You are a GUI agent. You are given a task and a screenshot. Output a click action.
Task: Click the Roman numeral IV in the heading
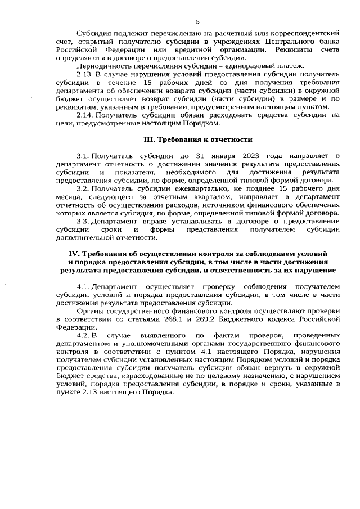(x=73, y=255)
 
